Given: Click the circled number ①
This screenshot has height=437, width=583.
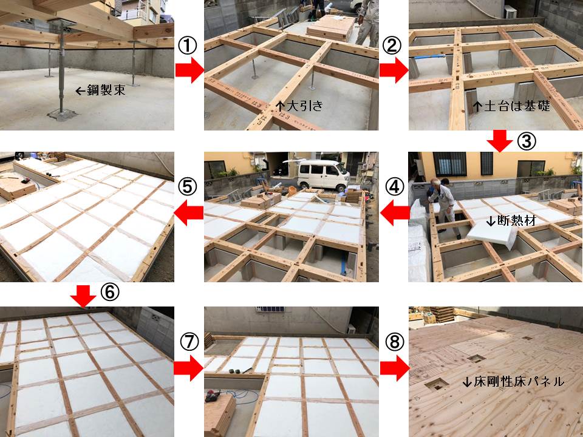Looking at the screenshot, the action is pyautogui.click(x=188, y=46).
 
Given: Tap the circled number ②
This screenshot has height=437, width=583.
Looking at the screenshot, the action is pyautogui.click(x=392, y=46).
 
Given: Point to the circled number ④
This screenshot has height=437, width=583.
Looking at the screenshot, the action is pyautogui.click(x=395, y=187).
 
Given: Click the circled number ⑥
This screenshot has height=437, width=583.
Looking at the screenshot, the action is pyautogui.click(x=110, y=293).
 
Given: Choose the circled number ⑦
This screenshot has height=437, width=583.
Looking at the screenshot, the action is pyautogui.click(x=189, y=342).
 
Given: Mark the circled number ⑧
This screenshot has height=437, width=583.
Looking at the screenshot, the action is pyautogui.click(x=395, y=342).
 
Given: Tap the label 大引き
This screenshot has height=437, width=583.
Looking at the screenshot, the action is pyautogui.click(x=305, y=106).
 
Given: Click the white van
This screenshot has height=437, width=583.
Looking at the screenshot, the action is pyautogui.click(x=323, y=174).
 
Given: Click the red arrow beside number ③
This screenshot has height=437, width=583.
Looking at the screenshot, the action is pyautogui.click(x=499, y=141).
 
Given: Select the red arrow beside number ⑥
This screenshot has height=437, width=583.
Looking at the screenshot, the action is pyautogui.click(x=83, y=296).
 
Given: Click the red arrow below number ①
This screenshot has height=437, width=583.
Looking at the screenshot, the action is pyautogui.click(x=189, y=70).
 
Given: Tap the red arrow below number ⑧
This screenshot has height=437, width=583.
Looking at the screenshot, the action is pyautogui.click(x=395, y=368).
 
